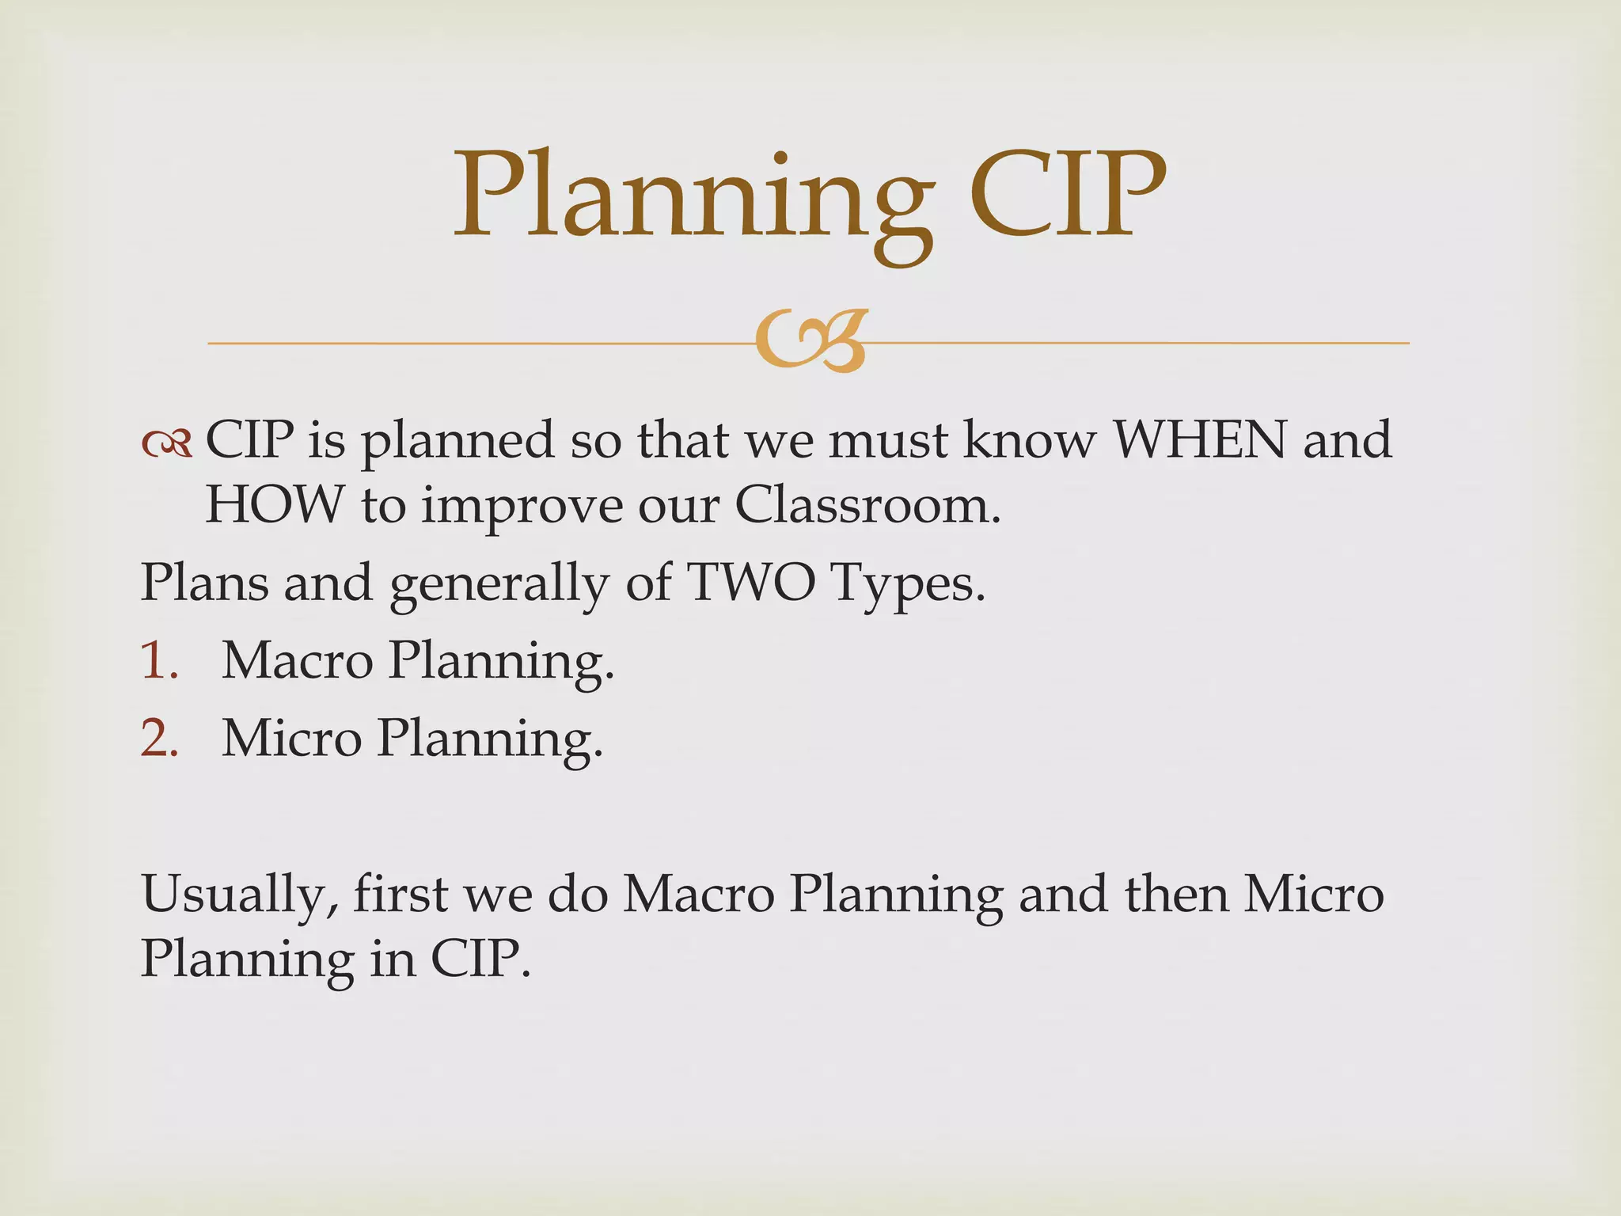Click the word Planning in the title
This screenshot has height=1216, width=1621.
coord(692,198)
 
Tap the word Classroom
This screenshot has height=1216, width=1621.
coord(867,504)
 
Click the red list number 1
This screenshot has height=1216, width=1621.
coord(159,659)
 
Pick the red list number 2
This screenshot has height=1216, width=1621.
coord(159,738)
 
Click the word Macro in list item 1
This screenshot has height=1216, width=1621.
coord(297,659)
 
